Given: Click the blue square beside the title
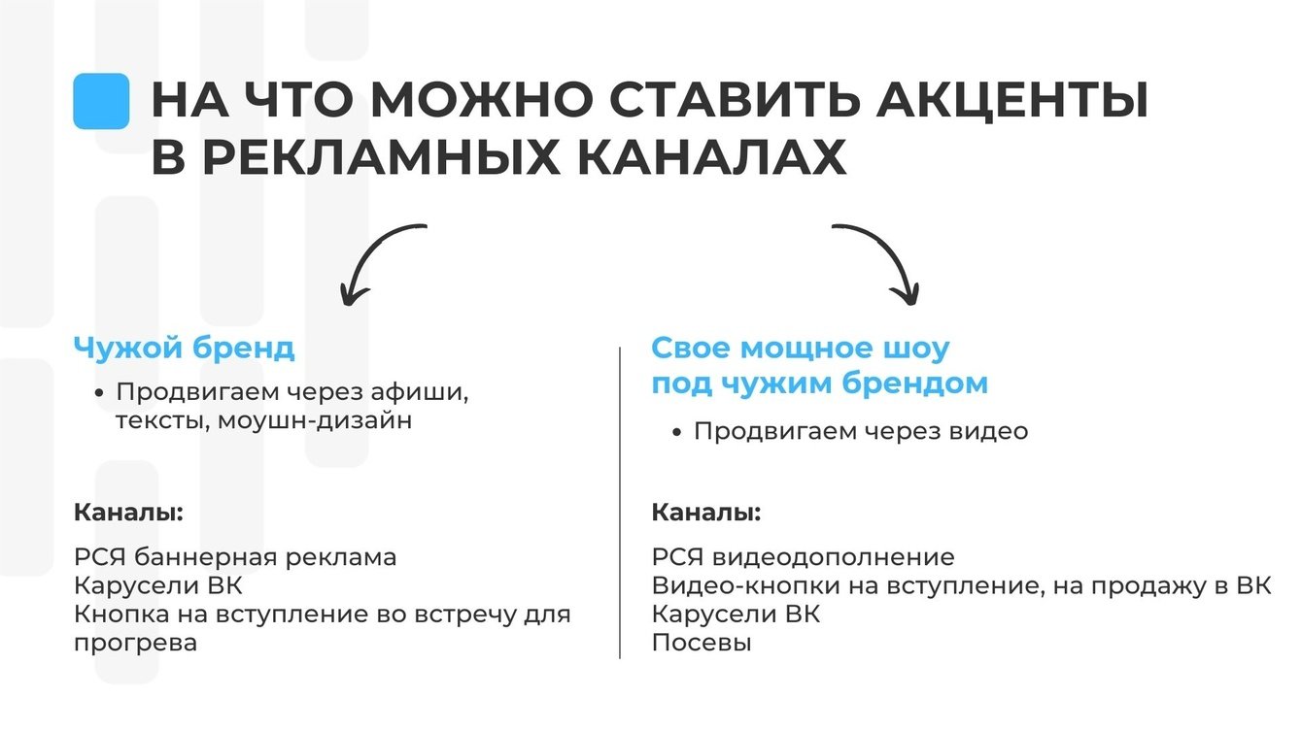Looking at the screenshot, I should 101,101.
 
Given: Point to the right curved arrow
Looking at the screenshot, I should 883,260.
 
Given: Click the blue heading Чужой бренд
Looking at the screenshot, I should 184,349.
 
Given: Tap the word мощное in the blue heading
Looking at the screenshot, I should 822,349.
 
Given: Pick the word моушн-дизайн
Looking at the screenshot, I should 315,420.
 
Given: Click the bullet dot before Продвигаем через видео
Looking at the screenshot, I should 678,432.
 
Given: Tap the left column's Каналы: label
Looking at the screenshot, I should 128,512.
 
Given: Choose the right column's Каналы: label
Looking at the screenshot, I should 705,512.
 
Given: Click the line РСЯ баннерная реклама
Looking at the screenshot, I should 235,557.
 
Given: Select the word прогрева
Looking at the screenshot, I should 135,643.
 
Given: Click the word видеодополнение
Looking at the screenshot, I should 833,557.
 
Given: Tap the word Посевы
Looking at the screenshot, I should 702,643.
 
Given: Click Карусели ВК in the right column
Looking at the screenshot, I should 736,615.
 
